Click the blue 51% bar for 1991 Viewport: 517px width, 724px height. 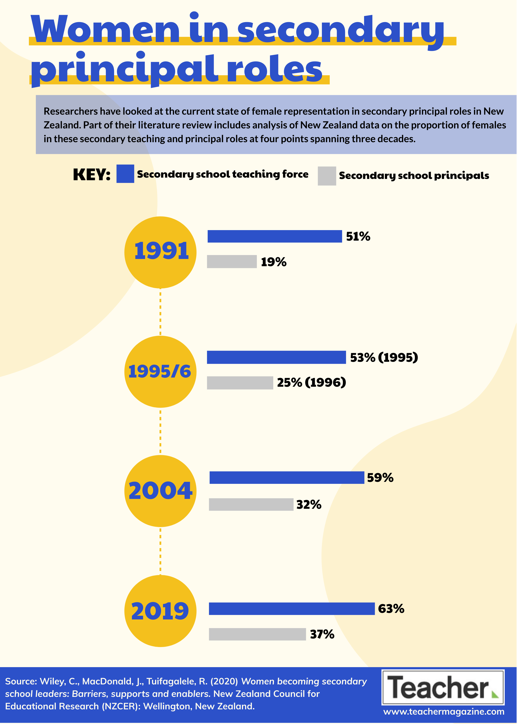[275, 236]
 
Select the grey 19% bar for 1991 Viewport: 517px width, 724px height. [232, 262]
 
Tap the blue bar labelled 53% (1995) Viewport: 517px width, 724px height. [276, 357]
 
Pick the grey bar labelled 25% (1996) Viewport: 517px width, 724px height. [240, 383]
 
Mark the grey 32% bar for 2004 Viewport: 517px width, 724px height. [251, 504]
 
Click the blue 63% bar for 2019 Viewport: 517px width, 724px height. [292, 609]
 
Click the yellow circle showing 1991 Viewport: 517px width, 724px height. [160, 252]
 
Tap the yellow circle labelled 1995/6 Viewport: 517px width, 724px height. [160, 372]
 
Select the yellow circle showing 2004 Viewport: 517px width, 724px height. [160, 491]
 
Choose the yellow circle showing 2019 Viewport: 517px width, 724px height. [160, 611]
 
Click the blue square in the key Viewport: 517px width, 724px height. [125, 174]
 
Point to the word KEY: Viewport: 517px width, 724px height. [92, 175]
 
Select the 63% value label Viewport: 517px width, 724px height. [391, 609]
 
